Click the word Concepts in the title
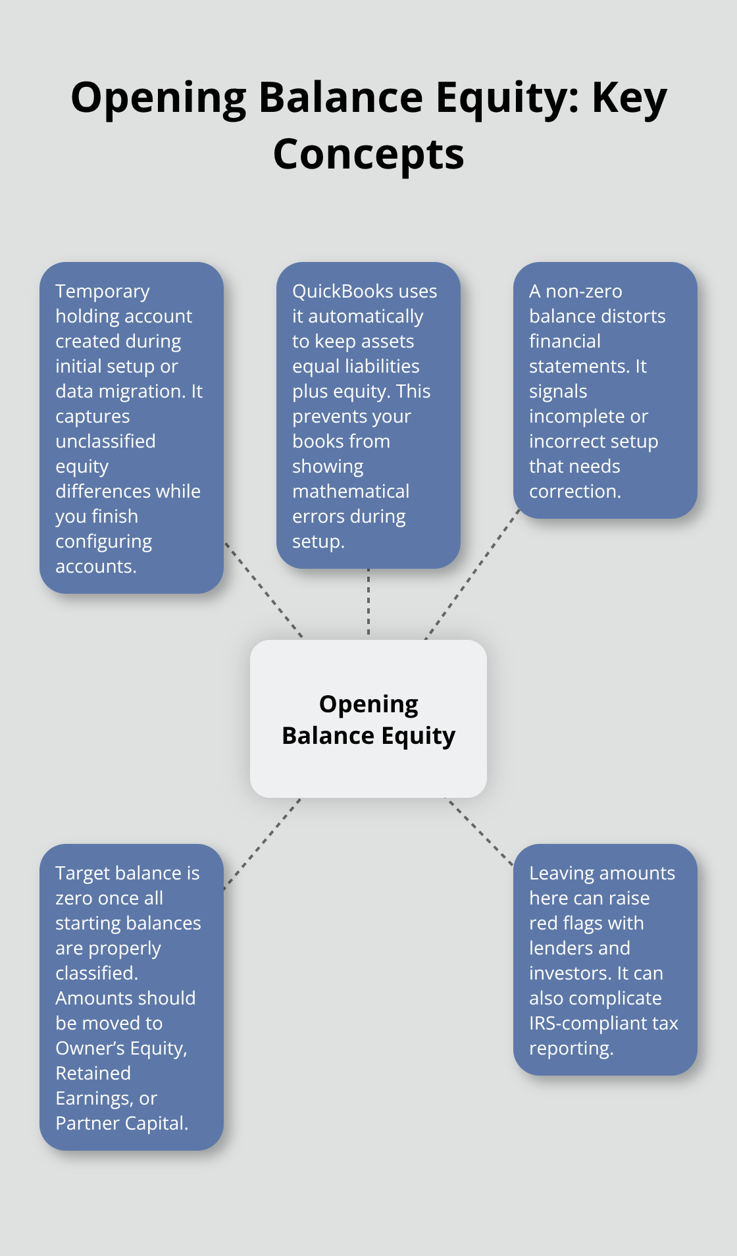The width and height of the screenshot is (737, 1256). click(368, 155)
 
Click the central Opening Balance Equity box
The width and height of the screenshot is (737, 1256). click(368, 719)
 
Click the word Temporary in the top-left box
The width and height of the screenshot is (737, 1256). click(103, 292)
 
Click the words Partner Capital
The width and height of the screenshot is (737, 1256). click(121, 1124)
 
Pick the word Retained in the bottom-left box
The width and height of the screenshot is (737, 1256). click(93, 1074)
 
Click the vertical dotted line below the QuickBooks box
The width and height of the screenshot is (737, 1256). click(368, 602)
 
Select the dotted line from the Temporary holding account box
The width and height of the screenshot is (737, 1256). click(263, 589)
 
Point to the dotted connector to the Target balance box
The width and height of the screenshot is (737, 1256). click(262, 844)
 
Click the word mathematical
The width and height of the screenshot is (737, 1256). click(351, 492)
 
